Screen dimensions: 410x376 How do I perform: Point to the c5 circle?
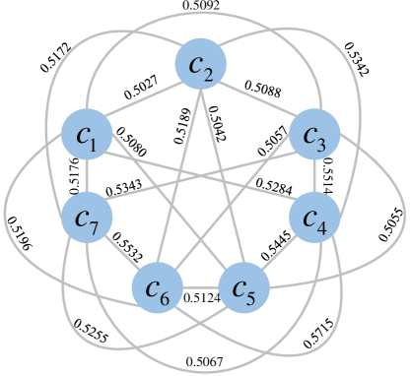[x=242, y=288]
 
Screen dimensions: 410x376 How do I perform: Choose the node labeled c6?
[x=158, y=288]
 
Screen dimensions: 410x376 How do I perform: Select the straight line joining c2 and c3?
[x=257, y=99]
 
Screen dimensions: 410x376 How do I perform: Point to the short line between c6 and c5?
[x=200, y=288]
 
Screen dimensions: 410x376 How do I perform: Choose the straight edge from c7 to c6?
[x=121, y=252]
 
